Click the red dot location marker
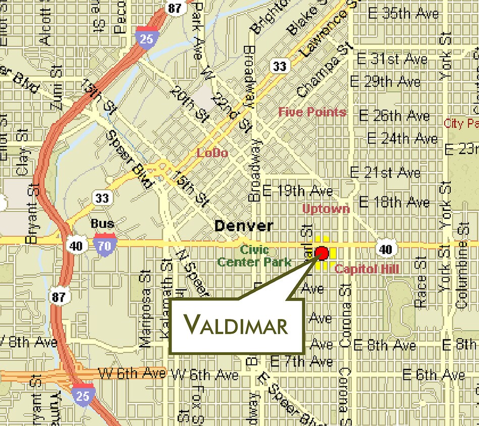click(322, 253)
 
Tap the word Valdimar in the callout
click(236, 325)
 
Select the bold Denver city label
click(244, 226)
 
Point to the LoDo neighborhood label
click(212, 152)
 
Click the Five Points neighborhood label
click(312, 112)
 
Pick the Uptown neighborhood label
click(326, 208)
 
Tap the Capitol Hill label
click(367, 269)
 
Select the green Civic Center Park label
click(254, 256)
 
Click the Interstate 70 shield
click(104, 245)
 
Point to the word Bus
click(102, 223)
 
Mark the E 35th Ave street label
click(403, 13)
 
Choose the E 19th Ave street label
click(297, 191)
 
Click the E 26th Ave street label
click(394, 116)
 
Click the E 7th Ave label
click(301, 361)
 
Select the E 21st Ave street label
click(385, 173)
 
